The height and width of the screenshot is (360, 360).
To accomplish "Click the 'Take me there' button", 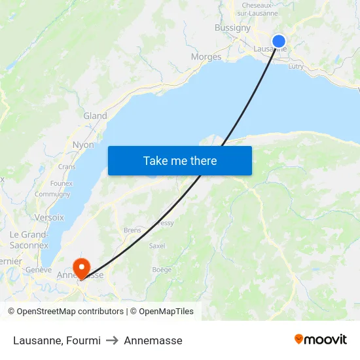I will click(180, 160).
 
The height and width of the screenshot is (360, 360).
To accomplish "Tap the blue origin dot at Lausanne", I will click(279, 41).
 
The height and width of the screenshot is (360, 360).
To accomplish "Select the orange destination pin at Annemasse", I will click(81, 266).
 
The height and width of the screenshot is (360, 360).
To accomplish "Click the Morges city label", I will click(206, 57).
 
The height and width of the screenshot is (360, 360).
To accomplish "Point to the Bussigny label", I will click(232, 28).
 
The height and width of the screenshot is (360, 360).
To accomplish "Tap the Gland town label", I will click(95, 116).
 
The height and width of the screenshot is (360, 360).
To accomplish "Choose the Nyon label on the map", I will click(83, 145).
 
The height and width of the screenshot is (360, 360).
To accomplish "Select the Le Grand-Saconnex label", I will click(29, 240).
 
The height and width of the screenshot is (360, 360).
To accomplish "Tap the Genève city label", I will click(38, 270).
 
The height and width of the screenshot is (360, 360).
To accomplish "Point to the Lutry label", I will click(296, 66).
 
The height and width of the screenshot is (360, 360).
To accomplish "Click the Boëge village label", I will click(162, 270).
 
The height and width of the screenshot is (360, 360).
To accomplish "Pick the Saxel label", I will click(157, 246).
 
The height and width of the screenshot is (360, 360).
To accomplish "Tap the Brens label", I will click(132, 230).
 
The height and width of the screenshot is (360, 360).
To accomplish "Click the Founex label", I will click(61, 183).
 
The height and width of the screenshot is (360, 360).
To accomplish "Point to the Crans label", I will click(67, 167).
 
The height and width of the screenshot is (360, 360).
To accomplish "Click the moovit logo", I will click(321, 340).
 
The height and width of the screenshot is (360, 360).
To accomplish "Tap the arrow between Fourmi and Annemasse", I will click(112, 340).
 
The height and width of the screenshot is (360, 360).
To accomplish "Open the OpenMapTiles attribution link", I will click(162, 312).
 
